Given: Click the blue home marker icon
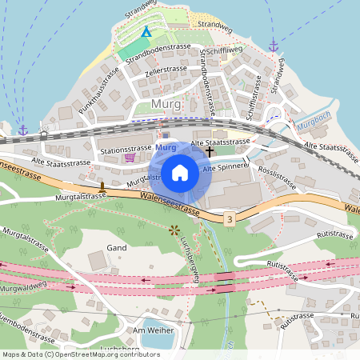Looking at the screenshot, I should pos(180,172).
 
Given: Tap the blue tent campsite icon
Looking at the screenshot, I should pos(146,32).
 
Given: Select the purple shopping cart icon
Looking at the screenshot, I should pos(130,158).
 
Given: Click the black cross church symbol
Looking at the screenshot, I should pos(210,150).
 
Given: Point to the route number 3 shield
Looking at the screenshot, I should pos(230,218).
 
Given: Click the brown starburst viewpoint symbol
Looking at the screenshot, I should pos(174,230).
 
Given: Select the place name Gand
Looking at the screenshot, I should pos(117,248).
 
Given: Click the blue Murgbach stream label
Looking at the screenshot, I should pos(312,127).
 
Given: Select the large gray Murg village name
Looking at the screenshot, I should pos(166,105).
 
